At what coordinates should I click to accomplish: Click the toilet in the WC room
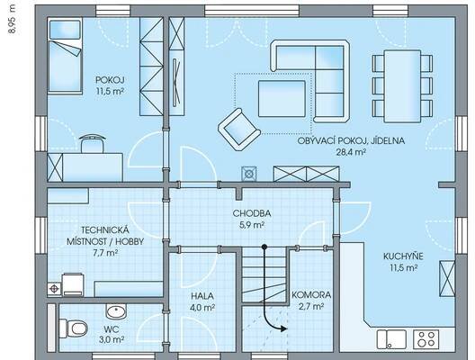[x=73, y=328]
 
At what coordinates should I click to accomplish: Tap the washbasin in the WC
[x=116, y=311]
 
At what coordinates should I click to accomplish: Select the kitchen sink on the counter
[x=391, y=339]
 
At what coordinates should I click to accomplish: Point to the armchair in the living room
[x=239, y=130]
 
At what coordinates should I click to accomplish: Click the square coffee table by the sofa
[x=282, y=98]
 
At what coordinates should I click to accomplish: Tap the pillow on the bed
[x=65, y=30]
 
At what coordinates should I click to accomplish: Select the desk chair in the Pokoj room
[x=93, y=144]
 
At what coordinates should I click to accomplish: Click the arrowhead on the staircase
[x=283, y=328]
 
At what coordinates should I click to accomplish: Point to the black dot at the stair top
[x=264, y=247]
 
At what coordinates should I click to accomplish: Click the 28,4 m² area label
[x=350, y=152]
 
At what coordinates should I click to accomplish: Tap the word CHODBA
[x=252, y=213]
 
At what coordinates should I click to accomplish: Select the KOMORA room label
[x=311, y=295]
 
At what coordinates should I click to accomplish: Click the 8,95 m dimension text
[x=13, y=19]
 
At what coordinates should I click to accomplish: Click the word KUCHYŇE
[x=403, y=256]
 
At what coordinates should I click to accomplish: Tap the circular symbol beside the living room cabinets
[x=249, y=174]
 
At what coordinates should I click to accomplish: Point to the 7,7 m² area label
[x=105, y=253]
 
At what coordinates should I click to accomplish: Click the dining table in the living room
[x=402, y=86]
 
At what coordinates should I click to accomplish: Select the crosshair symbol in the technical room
[x=55, y=289]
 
